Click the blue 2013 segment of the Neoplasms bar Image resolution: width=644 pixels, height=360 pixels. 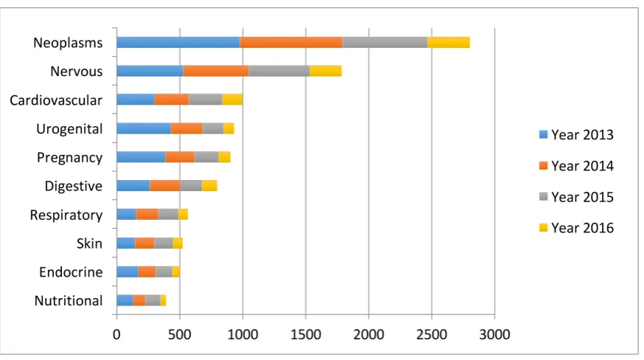tap(179, 42)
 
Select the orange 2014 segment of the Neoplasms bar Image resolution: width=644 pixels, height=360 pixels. tap(291, 42)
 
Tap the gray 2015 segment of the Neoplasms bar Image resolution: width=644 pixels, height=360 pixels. tap(385, 42)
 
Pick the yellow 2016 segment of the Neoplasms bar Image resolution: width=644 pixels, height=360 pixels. tap(449, 42)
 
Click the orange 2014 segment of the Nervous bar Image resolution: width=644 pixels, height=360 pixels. tap(216, 71)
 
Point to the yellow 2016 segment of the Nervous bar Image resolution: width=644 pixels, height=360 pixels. tap(326, 71)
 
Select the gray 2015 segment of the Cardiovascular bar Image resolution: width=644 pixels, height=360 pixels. tap(205, 100)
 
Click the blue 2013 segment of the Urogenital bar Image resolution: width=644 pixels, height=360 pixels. tap(144, 128)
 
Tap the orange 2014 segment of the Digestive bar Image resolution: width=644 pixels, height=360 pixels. tap(165, 186)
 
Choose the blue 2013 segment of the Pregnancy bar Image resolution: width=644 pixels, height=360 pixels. tap(142, 157)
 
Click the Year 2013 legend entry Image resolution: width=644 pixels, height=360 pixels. tap(576, 135)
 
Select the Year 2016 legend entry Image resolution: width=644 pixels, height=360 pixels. tap(576, 228)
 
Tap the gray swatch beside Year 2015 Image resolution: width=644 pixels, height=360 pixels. tap(544, 197)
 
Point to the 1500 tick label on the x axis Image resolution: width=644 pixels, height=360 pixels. tap(305, 334)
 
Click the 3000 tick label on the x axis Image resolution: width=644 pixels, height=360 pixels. tap(494, 334)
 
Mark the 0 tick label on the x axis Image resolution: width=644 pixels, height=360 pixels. tap(117, 334)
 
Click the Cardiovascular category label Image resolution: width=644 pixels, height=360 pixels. tap(56, 100)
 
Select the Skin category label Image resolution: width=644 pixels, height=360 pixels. tap(89, 243)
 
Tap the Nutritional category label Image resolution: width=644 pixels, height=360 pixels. tap(68, 301)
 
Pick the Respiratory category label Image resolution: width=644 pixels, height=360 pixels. tap(66, 215)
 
